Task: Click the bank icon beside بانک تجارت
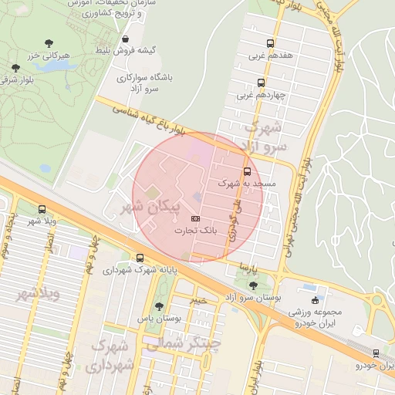pyautogui.click(x=194, y=219)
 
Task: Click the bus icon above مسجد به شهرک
pyautogui.click(x=247, y=172)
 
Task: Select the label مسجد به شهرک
pyautogui.click(x=241, y=184)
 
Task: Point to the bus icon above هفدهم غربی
pyautogui.click(x=270, y=43)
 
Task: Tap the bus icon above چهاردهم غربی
pyautogui.click(x=261, y=83)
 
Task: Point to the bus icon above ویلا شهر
pyautogui.click(x=42, y=209)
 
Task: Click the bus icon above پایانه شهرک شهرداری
pyautogui.click(x=140, y=258)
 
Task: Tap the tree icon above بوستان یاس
pyautogui.click(x=160, y=306)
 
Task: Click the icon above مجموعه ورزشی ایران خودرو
pyautogui.click(x=314, y=299)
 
